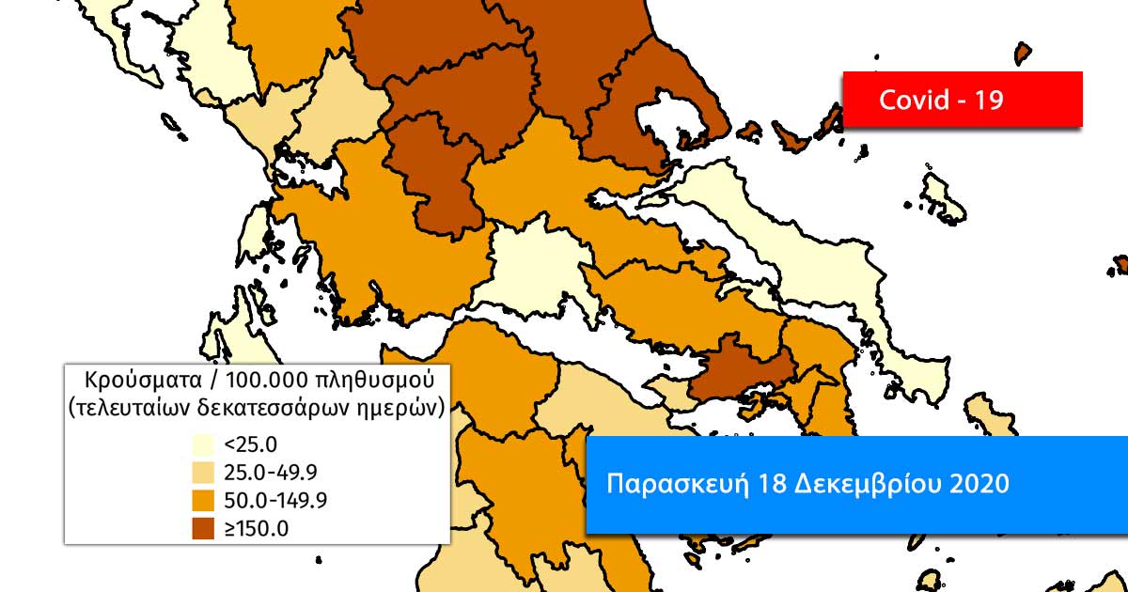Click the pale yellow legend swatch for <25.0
(203, 444)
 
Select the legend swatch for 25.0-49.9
(203, 471)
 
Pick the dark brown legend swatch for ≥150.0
(203, 527)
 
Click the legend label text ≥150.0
(256, 528)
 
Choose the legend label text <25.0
(250, 444)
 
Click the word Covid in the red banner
(913, 101)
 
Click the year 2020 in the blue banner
(978, 485)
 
